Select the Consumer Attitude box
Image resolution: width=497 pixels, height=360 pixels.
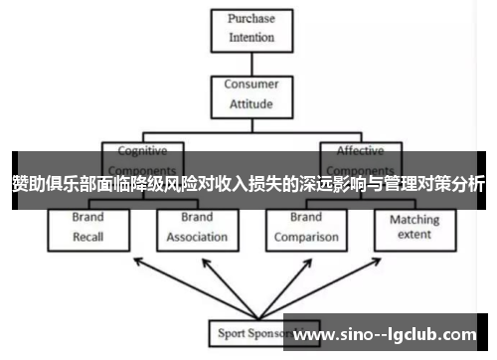click(x=250, y=93)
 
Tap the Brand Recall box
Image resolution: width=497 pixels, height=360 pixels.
click(x=88, y=228)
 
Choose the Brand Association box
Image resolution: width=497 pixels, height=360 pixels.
click(x=197, y=228)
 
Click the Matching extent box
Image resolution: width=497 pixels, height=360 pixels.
click(x=414, y=228)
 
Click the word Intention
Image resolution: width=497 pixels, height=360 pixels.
click(x=250, y=39)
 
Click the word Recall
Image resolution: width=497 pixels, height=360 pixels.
click(x=88, y=237)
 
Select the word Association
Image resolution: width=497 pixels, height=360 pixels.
click(x=197, y=237)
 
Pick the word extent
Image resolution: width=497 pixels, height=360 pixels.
click(x=414, y=236)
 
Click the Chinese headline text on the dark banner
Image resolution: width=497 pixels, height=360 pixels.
click(x=248, y=184)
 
